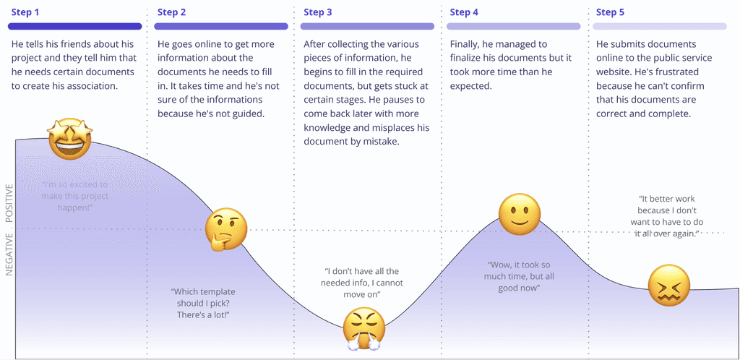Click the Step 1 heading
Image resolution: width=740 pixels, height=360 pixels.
[x=26, y=12]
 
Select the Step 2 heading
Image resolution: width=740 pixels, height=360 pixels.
[x=172, y=12]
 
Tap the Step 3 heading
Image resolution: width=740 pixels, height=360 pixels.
[x=318, y=12]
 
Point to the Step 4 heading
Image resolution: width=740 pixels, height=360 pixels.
[x=464, y=12]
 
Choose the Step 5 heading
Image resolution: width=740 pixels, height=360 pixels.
[x=610, y=12]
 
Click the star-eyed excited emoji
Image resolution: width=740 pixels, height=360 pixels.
[x=69, y=140]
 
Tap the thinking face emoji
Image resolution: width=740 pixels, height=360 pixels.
[x=225, y=231]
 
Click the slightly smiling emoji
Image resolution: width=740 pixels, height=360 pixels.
[x=520, y=214]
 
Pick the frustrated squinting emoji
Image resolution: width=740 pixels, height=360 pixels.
[x=668, y=284]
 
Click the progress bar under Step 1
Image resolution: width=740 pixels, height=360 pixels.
[x=74, y=27]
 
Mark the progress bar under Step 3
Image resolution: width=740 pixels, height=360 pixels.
[x=367, y=27]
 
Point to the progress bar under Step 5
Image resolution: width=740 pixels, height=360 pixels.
[x=659, y=27]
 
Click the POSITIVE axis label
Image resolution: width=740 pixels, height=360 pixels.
[x=9, y=202]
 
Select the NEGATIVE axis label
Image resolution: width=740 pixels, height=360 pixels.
[x=9, y=254]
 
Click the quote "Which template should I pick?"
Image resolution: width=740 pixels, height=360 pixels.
[x=204, y=303]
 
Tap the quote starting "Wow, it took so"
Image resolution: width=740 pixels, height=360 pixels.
[x=515, y=276]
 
